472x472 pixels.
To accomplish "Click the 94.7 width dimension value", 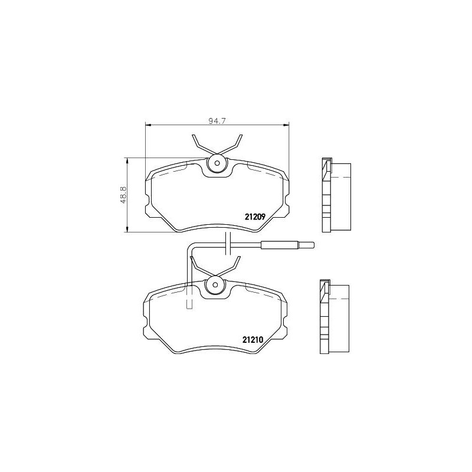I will (x=218, y=120).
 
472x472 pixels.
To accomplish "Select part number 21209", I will (x=257, y=216).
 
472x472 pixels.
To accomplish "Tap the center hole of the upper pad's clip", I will (x=217, y=163).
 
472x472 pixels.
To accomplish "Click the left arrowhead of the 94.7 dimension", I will (x=148, y=124).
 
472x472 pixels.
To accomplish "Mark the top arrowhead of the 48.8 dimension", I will (x=127, y=160).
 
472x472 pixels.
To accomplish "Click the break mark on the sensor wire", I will (x=227, y=244).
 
